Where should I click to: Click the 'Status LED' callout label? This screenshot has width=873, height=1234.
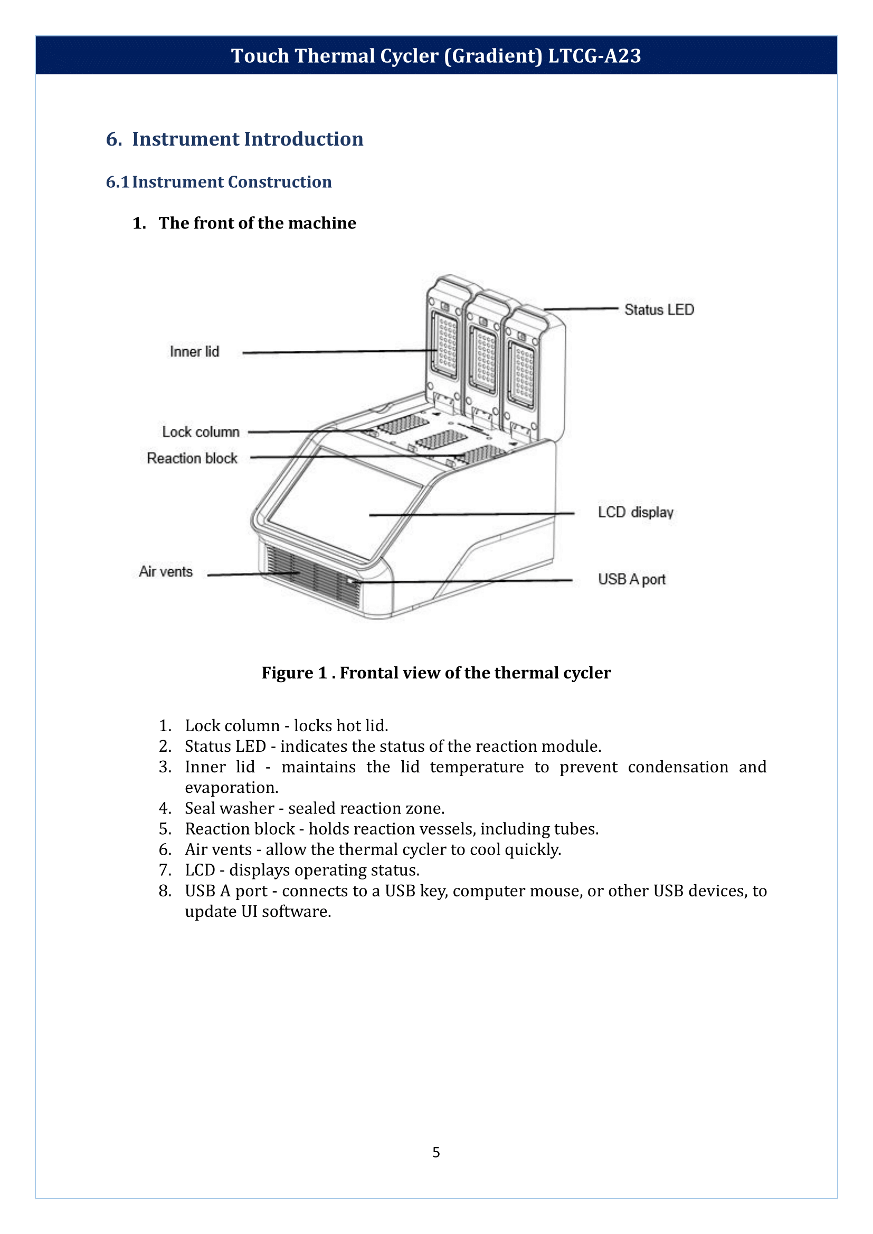[x=659, y=310]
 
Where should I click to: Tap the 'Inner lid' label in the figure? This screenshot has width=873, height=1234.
[x=194, y=351]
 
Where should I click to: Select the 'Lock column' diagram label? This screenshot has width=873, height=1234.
[x=201, y=432]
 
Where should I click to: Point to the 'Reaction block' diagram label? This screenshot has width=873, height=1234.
[x=192, y=458]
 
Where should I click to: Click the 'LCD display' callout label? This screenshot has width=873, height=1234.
[x=635, y=512]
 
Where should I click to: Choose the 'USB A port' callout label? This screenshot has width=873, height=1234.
[x=631, y=579]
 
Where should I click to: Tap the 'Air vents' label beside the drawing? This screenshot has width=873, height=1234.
[x=166, y=571]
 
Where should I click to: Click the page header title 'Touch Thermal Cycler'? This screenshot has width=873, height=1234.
[x=436, y=56]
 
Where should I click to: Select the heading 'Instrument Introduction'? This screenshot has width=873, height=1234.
[x=247, y=139]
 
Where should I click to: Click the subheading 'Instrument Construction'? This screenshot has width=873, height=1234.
[x=232, y=181]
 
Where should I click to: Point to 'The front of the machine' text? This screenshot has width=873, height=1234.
[x=257, y=223]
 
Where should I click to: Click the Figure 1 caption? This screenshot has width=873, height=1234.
[x=436, y=672]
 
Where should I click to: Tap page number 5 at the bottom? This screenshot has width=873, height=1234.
[x=436, y=1152]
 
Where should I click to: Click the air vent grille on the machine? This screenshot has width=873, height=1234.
[x=312, y=578]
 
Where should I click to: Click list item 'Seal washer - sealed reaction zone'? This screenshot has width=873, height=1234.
[x=315, y=808]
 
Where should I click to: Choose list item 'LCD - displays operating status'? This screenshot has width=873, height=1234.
[x=302, y=869]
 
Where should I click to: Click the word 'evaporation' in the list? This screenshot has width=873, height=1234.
[x=231, y=787]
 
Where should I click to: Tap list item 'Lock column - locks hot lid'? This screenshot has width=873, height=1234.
[x=286, y=725]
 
